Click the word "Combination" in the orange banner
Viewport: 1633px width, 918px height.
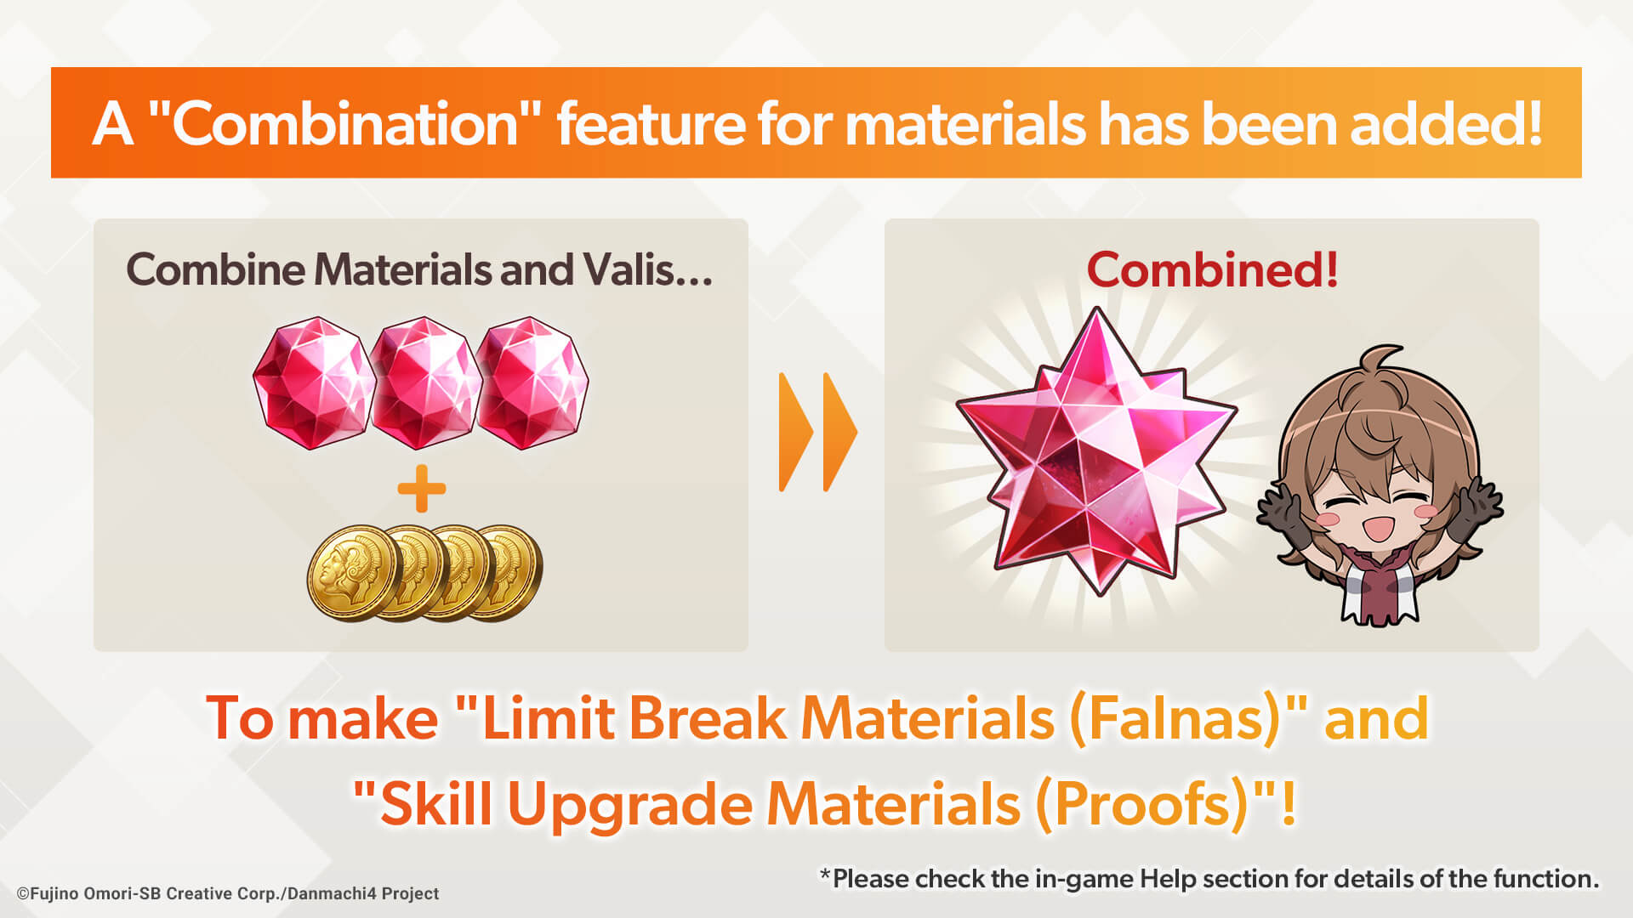coord(344,124)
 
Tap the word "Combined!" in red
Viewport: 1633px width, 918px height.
coord(1213,269)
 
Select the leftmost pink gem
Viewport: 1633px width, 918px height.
coord(314,383)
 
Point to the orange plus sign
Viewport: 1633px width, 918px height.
coord(422,489)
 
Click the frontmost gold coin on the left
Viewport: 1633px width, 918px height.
coord(354,572)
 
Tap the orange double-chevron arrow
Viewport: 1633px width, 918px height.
coord(817,432)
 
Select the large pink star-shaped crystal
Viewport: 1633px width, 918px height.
coord(1097,450)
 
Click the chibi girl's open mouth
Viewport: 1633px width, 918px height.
coord(1376,528)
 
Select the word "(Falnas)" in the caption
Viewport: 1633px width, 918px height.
coord(1175,719)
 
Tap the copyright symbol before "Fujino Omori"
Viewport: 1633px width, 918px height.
coord(23,894)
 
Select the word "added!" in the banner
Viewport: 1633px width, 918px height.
coord(1446,124)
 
